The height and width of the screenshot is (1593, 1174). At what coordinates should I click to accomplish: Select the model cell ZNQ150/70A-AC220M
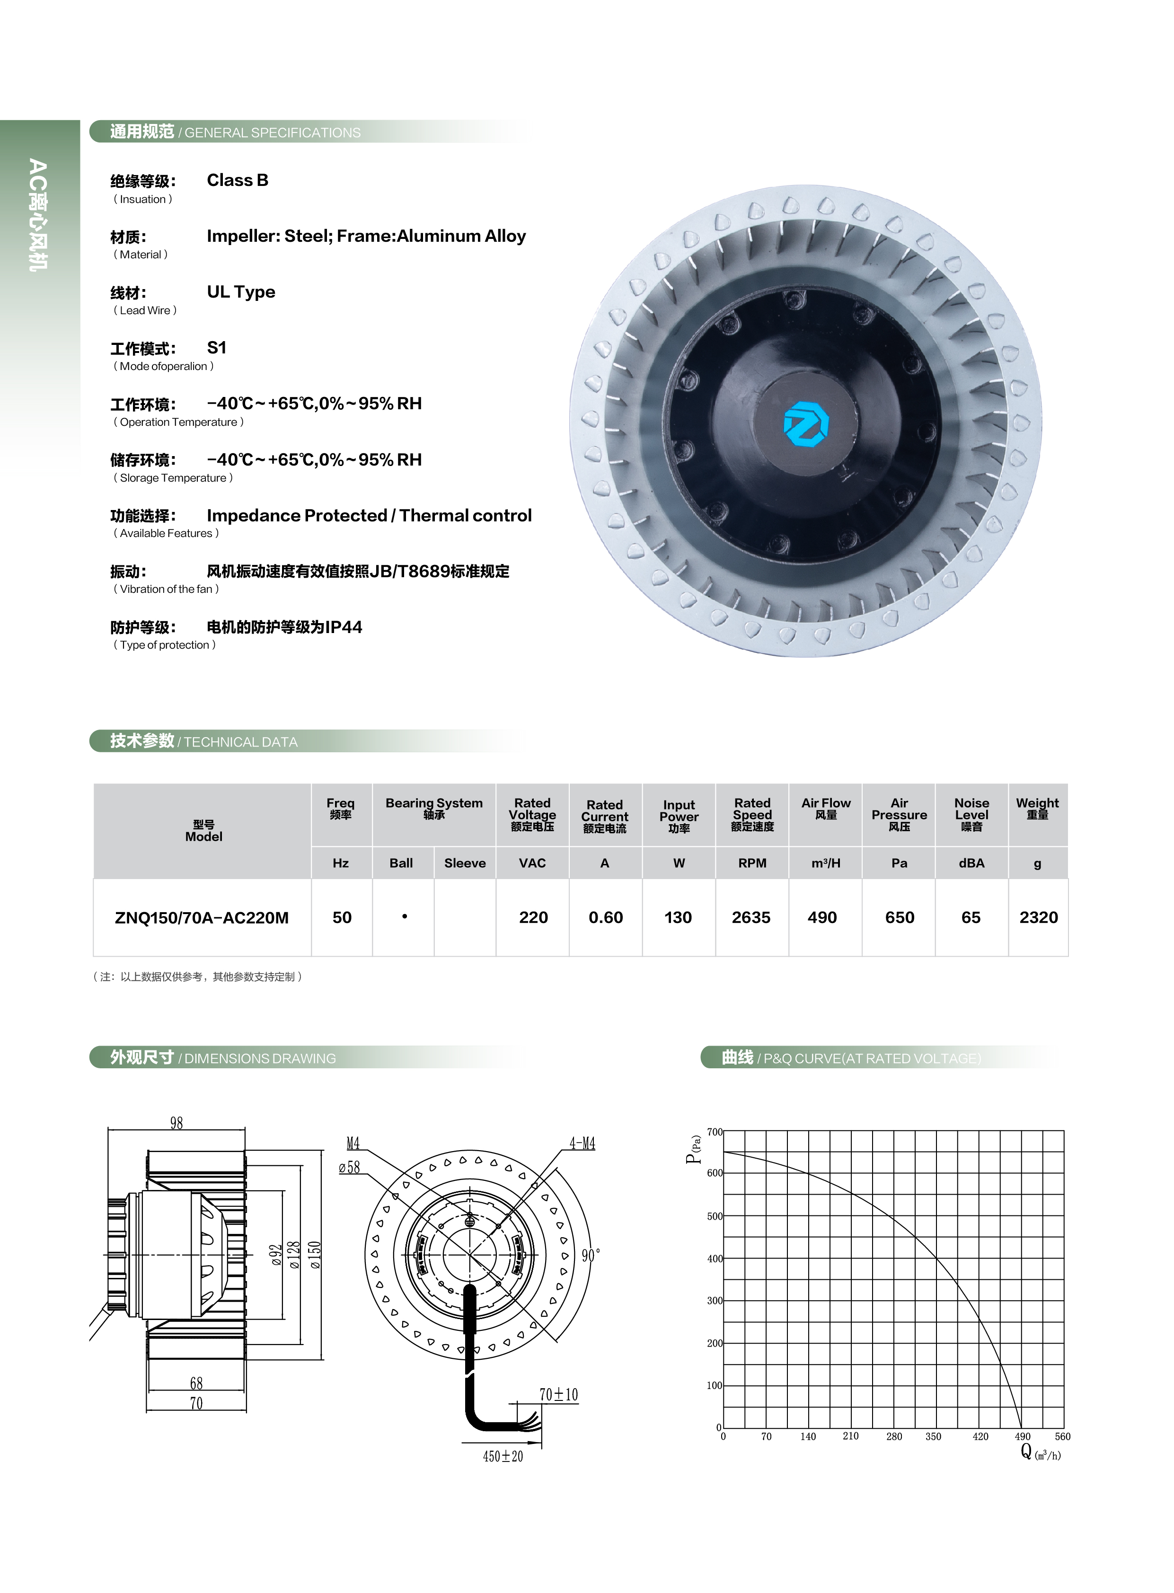[x=202, y=917]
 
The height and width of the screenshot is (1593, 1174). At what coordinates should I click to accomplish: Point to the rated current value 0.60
[x=606, y=917]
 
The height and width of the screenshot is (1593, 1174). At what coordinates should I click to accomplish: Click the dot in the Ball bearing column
[x=405, y=916]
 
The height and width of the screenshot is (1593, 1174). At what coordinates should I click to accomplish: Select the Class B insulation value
[x=238, y=180]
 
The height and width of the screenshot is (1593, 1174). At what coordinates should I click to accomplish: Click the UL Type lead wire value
[x=241, y=292]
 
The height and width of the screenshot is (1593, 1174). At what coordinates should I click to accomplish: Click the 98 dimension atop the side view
[x=176, y=1123]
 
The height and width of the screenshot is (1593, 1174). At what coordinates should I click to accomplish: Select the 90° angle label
[x=591, y=1256]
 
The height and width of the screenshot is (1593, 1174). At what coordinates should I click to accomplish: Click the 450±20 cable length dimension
[x=503, y=1457]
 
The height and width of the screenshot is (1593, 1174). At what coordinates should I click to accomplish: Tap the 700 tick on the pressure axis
[x=714, y=1132]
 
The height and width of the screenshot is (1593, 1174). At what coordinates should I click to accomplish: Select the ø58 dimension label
[x=349, y=1167]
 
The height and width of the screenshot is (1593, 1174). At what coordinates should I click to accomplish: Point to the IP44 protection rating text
[x=343, y=627]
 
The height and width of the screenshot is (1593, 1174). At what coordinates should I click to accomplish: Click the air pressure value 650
[x=899, y=917]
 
